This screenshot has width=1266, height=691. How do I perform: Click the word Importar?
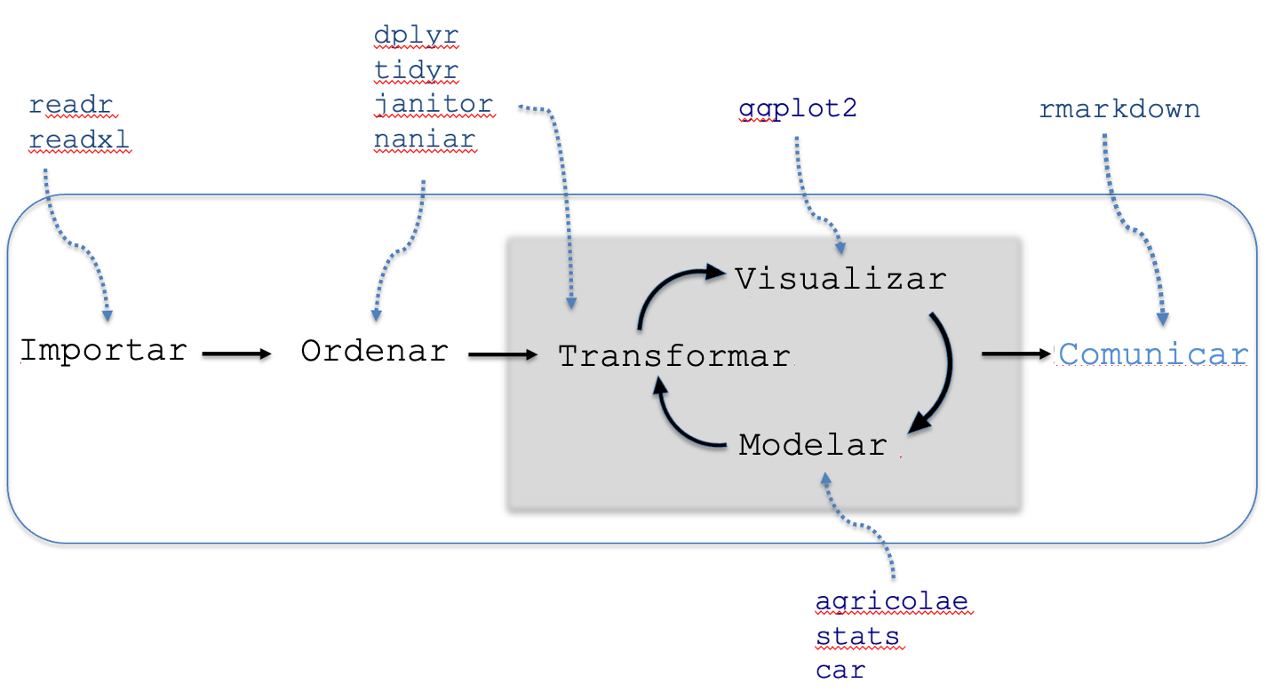pos(104,351)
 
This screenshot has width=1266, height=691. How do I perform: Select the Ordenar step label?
pos(375,351)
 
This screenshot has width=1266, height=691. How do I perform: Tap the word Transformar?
pos(674,356)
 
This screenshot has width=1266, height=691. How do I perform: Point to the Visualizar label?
pos(841,279)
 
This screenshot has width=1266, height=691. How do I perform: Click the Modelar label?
pos(813,445)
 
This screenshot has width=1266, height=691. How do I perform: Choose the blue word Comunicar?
pos(1153,354)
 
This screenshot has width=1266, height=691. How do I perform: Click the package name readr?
pos(71,105)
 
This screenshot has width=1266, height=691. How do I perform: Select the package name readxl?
pos(79,139)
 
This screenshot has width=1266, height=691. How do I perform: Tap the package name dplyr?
pos(416,36)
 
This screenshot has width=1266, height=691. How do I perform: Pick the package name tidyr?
pos(416,71)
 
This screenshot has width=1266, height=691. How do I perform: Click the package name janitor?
pos(434,105)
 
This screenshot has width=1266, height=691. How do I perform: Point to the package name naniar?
pos(425,139)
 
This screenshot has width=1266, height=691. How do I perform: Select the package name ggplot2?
pos(798,109)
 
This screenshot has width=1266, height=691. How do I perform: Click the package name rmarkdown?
pos(1119,109)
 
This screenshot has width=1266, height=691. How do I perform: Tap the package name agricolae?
pos(892,601)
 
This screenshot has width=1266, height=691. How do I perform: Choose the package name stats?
pos(857,637)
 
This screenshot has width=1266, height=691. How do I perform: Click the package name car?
pos(840,671)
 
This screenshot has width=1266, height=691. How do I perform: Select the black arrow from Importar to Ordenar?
pos(237,354)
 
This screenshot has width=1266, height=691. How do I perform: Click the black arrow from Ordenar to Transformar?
pos(503,354)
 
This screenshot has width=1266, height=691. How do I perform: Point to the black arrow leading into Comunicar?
pos(1016,354)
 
